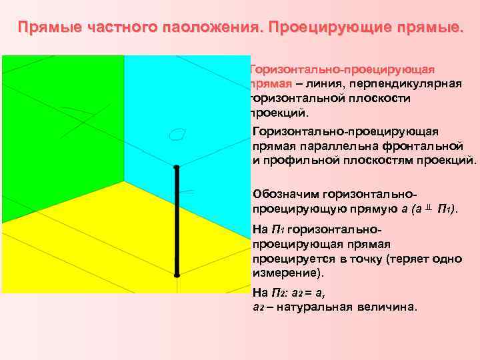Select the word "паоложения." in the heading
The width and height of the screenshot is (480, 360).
pos(206,29)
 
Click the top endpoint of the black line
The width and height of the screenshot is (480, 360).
pos(177,167)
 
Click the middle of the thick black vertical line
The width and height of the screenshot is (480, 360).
pos(177,220)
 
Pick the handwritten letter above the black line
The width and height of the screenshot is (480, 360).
pos(177,135)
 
